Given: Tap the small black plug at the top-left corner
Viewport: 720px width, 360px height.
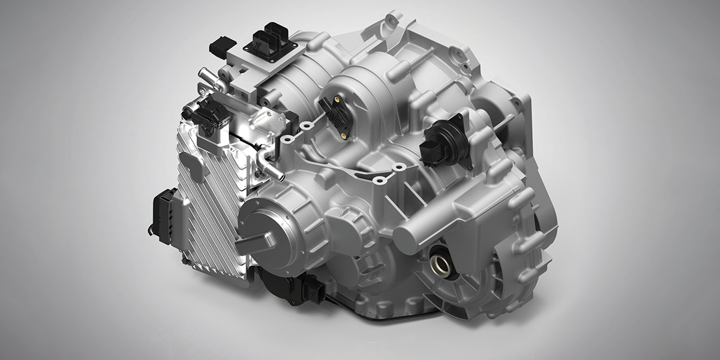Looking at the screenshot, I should [x=223, y=45].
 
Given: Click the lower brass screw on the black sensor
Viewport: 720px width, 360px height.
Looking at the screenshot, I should [x=343, y=136].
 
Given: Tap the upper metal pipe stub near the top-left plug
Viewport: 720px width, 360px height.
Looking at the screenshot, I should [x=208, y=76].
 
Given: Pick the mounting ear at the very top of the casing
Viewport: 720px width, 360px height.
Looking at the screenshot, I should [x=393, y=21].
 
